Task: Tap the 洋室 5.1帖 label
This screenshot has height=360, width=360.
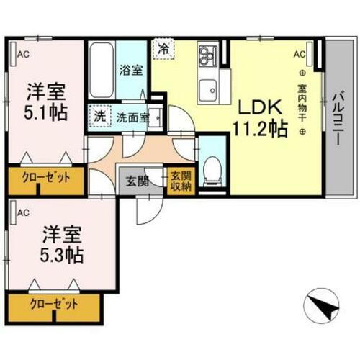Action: point(48,102)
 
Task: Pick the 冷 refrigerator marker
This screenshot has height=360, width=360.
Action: point(164,50)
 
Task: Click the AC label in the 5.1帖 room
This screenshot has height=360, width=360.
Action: point(24,53)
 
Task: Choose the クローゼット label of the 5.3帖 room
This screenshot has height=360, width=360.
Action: point(52,304)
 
